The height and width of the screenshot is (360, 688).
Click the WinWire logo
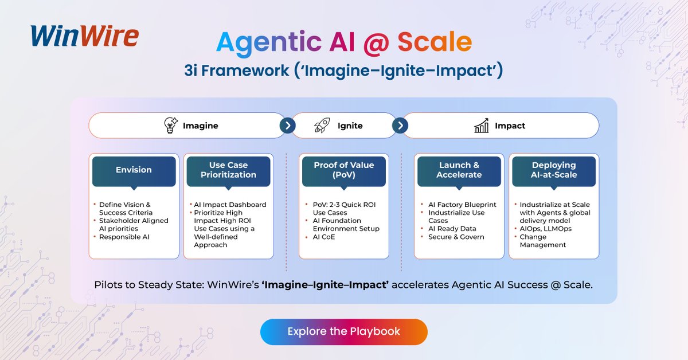tap(84, 36)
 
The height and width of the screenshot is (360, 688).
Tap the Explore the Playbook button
tap(344, 331)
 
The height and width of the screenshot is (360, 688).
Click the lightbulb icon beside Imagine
tap(170, 126)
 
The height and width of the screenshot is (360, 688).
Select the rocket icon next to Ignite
tap(322, 126)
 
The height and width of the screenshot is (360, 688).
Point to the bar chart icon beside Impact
tap(482, 126)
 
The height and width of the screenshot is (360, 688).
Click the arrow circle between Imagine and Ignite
tap(286, 126)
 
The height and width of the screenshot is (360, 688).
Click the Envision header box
tap(134, 170)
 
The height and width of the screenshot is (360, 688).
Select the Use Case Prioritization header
tap(228, 170)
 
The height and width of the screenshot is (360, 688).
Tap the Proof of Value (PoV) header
tap(344, 170)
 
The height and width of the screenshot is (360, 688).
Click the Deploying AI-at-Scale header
tap(554, 170)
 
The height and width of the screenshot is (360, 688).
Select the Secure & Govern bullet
tap(456, 237)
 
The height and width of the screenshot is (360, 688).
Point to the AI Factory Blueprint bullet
tap(462, 205)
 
